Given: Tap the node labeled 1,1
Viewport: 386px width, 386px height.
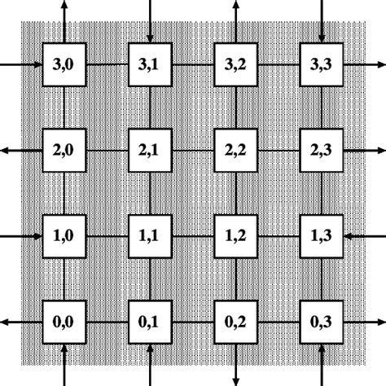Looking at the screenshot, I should click(x=149, y=236).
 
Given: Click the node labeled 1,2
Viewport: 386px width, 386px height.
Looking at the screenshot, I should click(x=235, y=236).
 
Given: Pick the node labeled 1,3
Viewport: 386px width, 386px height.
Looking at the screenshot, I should click(x=322, y=236).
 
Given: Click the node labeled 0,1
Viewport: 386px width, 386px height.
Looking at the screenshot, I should click(x=149, y=323).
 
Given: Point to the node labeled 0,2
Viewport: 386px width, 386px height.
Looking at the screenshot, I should click(x=235, y=323).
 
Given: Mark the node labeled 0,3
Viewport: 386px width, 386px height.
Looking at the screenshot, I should click(x=322, y=323).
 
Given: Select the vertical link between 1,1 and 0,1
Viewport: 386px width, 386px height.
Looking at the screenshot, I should click(x=149, y=280).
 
